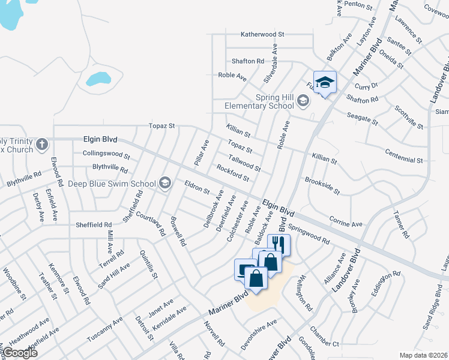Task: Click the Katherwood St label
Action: coord(262,35)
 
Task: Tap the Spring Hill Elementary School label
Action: coord(258,102)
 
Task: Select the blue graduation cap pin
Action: coord(325,83)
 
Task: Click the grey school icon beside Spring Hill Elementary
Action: coord(304,102)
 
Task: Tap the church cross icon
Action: coord(41,145)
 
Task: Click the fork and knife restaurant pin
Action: coord(278,244)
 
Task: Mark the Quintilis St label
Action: coord(148,265)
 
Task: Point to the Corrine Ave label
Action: coord(346,221)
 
